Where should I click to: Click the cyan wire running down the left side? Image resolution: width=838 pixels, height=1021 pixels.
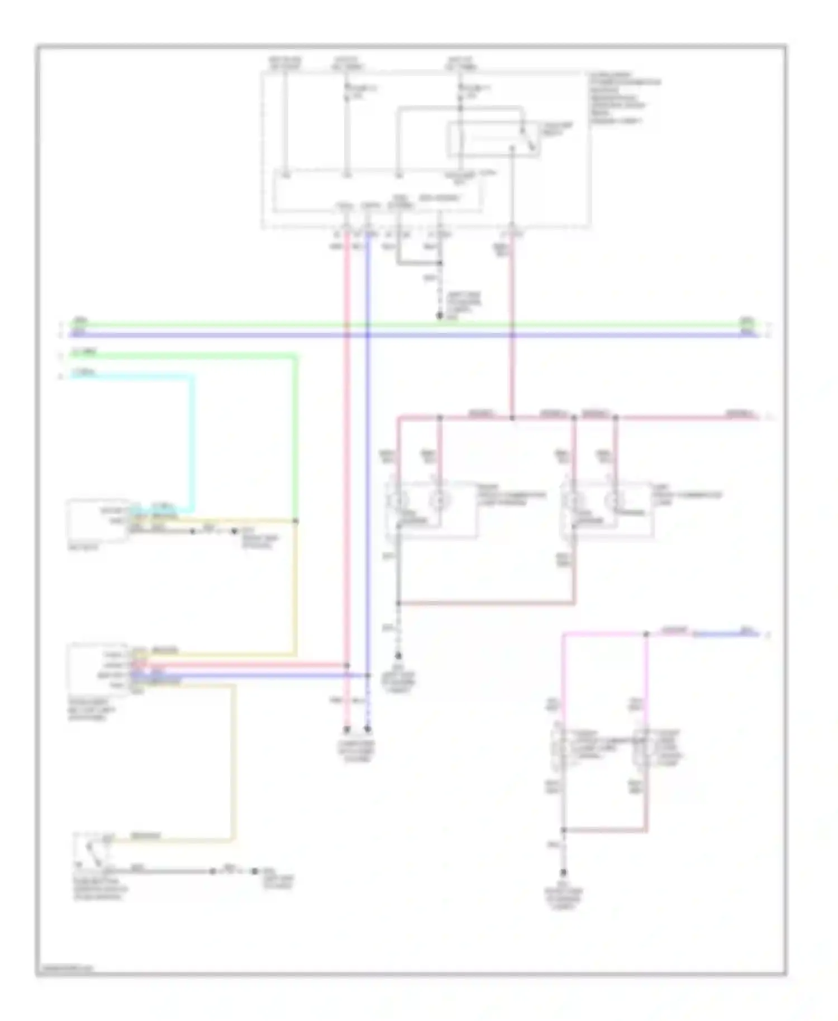(194, 441)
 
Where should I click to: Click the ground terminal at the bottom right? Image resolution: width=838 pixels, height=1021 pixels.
(564, 872)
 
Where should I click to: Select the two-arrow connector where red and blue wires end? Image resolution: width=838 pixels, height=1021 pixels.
(357, 729)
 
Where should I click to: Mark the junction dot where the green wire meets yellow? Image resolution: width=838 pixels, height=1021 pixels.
(296, 521)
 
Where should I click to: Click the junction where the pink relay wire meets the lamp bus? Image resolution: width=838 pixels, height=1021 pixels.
(512, 417)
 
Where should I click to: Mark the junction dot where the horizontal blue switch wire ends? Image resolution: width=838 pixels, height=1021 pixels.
(368, 675)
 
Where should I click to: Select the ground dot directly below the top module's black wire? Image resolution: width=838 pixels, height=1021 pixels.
(440, 316)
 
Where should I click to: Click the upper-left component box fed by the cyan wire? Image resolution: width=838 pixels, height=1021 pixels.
(97, 520)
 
